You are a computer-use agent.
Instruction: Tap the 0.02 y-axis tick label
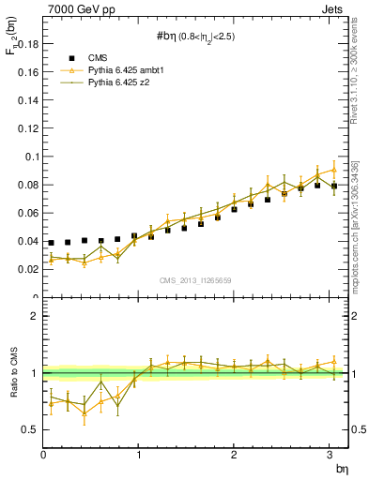coord(26,269)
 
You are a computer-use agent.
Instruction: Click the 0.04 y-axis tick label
coord(26,241)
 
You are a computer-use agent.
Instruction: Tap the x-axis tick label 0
coord(44,456)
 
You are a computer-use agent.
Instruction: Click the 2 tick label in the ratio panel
coord(34,316)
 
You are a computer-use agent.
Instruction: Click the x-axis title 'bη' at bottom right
coord(340,469)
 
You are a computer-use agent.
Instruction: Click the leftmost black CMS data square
coord(51,243)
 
